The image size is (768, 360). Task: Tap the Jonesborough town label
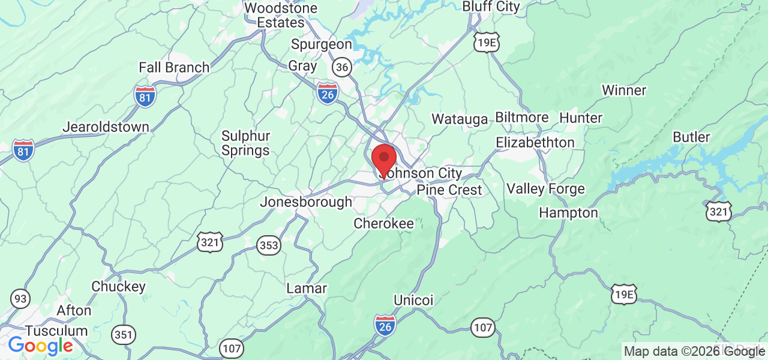pos(305,202)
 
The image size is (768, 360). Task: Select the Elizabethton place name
pos(535,143)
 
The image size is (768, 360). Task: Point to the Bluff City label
pos(491,7)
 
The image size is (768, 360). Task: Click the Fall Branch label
pos(174,67)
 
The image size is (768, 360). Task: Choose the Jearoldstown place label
pos(106,127)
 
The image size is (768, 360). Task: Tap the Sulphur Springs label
pos(245,143)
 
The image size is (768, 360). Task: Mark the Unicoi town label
pos(413,299)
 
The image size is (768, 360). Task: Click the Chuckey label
pos(118,287)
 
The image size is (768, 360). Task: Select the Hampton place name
pos(568,213)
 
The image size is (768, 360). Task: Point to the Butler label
pos(691,137)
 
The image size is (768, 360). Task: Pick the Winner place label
pos(623,91)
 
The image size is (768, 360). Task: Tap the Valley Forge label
pos(545,190)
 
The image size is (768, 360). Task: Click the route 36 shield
pos(342,67)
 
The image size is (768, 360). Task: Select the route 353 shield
pos(269,245)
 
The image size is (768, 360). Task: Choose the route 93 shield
pos(20,298)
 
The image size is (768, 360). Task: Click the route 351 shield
pos(124,334)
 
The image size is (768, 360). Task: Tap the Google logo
pos(40,346)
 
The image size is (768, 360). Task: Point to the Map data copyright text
pos(694,352)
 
